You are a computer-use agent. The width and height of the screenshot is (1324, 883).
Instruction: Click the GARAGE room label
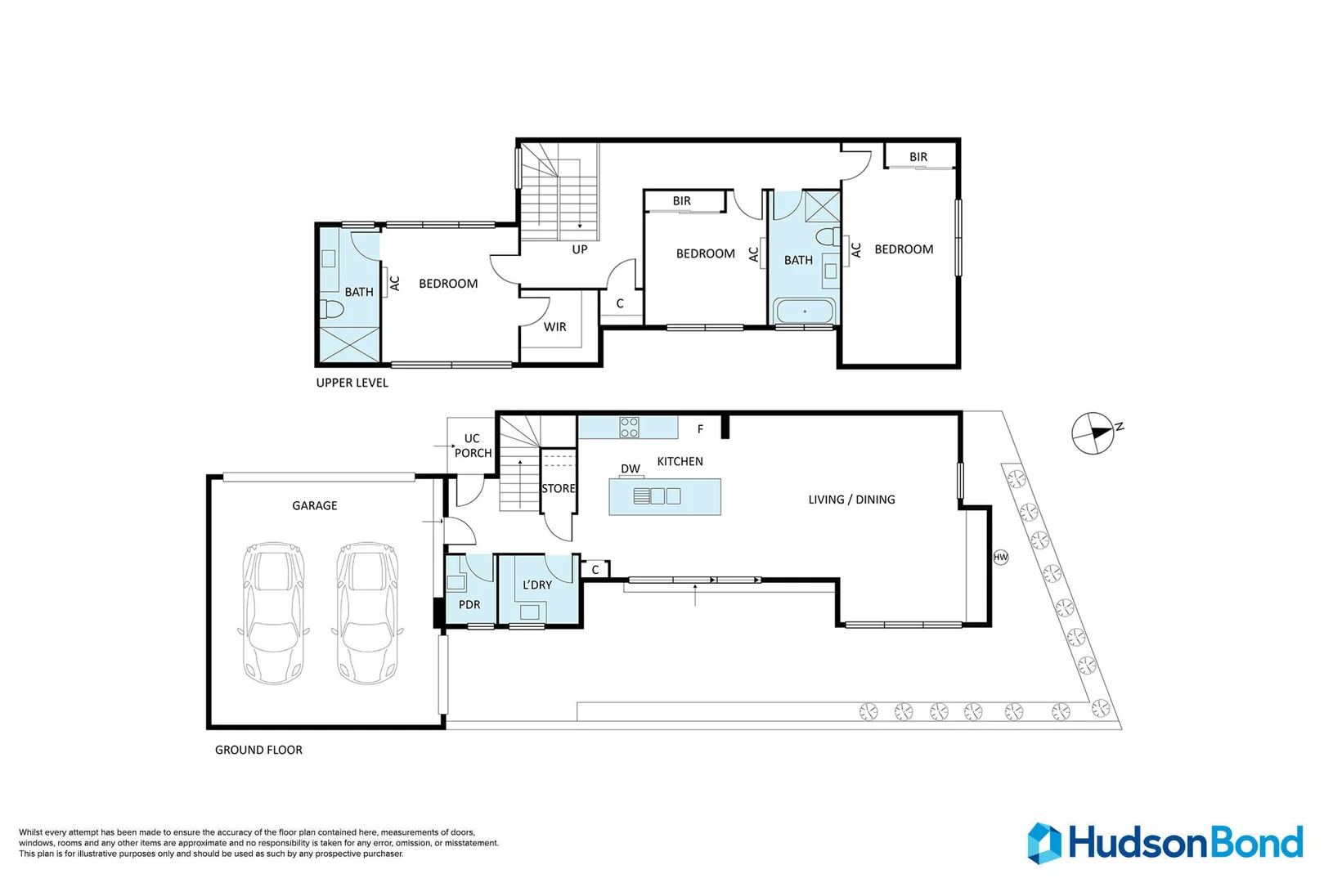(x=315, y=505)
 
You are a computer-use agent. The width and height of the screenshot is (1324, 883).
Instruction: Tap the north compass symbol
(x=1093, y=433)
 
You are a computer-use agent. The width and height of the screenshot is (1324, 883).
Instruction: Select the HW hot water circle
(x=1000, y=557)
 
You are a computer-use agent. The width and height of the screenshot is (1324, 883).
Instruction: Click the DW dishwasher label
(x=631, y=468)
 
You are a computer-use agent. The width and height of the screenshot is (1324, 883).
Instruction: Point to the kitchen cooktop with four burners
(x=630, y=428)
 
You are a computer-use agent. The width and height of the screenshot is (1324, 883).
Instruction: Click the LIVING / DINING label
(x=851, y=500)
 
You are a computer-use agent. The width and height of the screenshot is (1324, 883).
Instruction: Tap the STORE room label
(x=559, y=488)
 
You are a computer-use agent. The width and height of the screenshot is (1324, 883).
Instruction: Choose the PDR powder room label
(x=469, y=605)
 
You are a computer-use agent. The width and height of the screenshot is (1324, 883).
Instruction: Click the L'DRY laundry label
(x=536, y=585)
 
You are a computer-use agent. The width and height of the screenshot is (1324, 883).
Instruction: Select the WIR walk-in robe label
(x=555, y=327)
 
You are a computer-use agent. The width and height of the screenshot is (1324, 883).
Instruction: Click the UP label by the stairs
(x=580, y=249)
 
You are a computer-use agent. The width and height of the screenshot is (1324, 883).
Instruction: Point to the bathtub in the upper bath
(x=805, y=311)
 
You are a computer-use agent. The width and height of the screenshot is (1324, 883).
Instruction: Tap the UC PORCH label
(x=473, y=446)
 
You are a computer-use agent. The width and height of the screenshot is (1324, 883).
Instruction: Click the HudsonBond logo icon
(x=1044, y=844)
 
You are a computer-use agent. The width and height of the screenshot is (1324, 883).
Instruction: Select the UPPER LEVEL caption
(x=352, y=383)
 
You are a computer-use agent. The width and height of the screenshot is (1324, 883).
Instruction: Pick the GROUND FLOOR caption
(x=258, y=750)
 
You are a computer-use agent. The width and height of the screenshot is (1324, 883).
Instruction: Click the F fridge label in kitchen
(x=700, y=429)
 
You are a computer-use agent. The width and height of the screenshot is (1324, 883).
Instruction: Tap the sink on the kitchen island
(x=657, y=496)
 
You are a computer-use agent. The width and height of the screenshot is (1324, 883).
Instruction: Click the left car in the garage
(x=274, y=613)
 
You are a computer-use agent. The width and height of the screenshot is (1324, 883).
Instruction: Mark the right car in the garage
(x=367, y=613)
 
